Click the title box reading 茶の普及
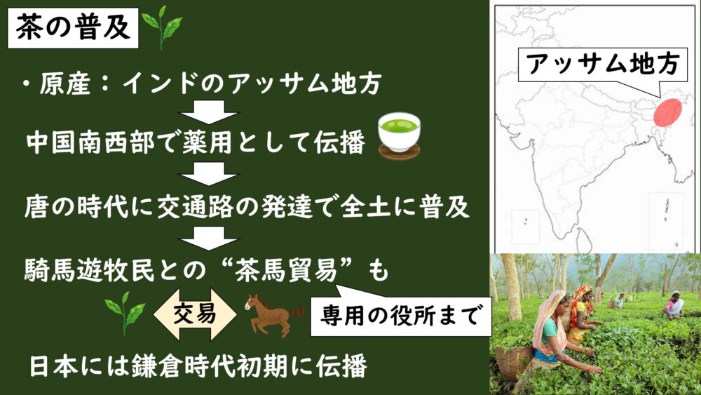73,28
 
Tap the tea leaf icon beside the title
162,27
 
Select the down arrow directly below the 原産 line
209,112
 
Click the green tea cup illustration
400,135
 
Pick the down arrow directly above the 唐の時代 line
209,173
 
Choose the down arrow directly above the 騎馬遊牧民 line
209,238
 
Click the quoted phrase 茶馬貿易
286,271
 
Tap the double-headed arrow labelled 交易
195,314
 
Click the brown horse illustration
273,315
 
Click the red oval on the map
667,112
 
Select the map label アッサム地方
603,65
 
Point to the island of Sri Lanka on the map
583,240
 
